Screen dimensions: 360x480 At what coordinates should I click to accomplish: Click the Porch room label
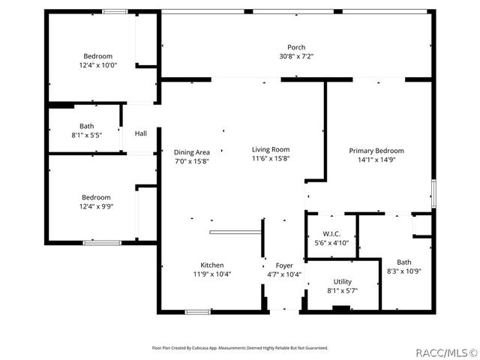[296, 47]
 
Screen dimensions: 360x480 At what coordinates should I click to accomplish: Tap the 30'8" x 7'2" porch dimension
[296, 56]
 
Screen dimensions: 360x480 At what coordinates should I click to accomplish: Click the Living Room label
[270, 149]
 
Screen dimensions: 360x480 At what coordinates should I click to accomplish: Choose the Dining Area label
[192, 151]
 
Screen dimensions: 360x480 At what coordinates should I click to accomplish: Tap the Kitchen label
[211, 265]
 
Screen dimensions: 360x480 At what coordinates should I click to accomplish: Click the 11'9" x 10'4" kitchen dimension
[211, 274]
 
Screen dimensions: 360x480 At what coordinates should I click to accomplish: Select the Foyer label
[284, 265]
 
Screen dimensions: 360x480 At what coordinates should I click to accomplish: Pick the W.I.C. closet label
[331, 233]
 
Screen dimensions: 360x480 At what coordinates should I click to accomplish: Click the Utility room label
[343, 280]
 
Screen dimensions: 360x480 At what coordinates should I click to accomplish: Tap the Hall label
[140, 133]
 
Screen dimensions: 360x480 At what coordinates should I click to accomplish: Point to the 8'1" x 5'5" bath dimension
[87, 135]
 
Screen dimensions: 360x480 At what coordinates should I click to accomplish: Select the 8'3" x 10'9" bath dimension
[404, 271]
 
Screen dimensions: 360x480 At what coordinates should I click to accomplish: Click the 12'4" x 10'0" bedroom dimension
[98, 65]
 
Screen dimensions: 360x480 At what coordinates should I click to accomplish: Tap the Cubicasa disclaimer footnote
[240, 348]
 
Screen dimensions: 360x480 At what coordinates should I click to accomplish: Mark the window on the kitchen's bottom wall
[196, 312]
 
